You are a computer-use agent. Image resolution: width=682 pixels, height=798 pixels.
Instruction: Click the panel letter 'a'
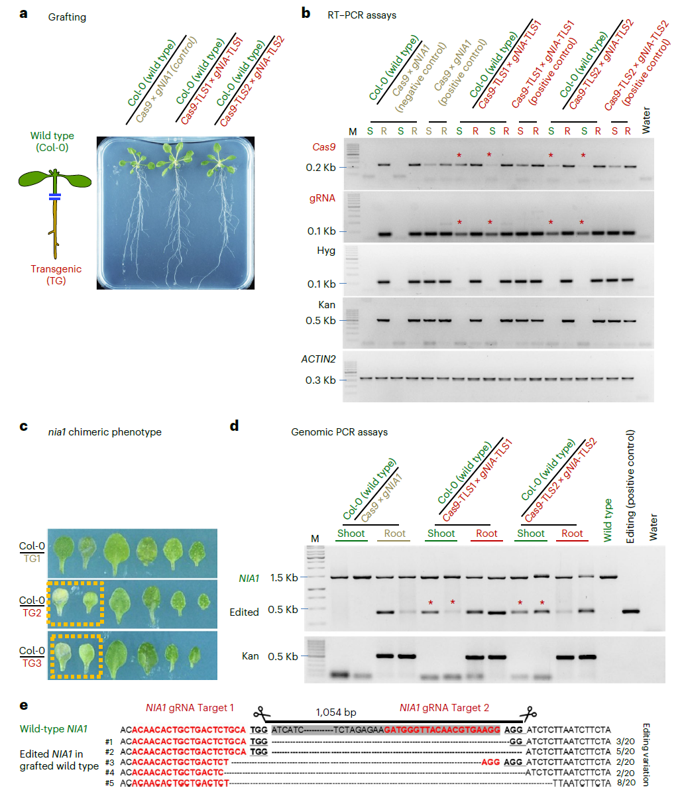click(x=23, y=13)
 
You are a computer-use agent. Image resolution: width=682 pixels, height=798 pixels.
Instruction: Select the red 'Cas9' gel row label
click(x=324, y=147)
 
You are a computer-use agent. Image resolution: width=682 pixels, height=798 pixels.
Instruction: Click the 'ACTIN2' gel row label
click(x=319, y=359)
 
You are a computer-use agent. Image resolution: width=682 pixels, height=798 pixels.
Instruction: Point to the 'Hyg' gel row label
click(x=327, y=252)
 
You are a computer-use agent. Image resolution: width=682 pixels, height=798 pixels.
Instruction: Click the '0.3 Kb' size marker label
click(x=320, y=380)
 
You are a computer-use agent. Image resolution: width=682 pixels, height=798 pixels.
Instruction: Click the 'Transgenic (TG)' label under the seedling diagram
click(x=56, y=275)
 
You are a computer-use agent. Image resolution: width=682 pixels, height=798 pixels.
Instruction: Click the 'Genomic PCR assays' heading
click(x=339, y=432)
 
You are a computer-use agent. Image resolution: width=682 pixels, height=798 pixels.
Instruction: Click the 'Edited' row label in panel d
click(x=244, y=612)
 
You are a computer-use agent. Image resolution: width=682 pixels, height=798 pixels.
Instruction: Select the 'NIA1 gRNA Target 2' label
click(x=444, y=708)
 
